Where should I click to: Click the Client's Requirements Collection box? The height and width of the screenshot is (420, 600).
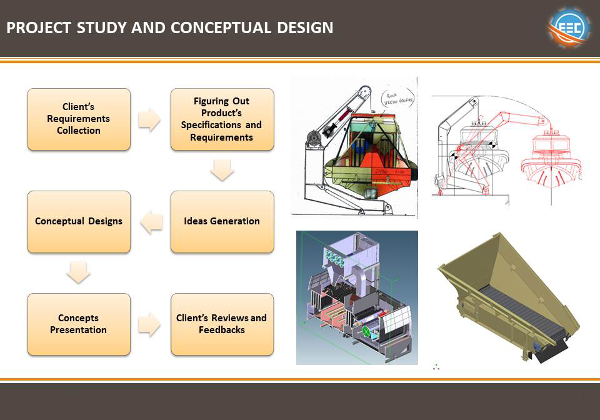click(79, 119)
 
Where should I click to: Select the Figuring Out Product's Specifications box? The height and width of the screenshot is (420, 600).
click(222, 119)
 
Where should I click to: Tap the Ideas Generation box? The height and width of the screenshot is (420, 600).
click(222, 221)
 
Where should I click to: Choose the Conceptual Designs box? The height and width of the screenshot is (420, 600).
click(79, 221)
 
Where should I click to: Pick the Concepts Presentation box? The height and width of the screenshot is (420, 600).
click(79, 324)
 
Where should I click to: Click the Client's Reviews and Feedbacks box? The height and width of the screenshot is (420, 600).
click(222, 324)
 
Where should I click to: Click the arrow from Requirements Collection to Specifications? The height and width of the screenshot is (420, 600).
click(149, 119)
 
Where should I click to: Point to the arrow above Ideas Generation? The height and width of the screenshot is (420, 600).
click(222, 170)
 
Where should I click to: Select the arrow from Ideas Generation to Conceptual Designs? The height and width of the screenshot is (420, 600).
click(151, 222)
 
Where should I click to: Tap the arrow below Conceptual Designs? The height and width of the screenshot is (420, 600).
click(79, 272)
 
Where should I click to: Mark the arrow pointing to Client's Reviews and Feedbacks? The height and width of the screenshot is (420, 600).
click(149, 324)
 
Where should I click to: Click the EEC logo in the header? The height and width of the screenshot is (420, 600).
click(569, 28)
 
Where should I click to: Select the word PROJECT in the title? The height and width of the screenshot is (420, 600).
click(39, 28)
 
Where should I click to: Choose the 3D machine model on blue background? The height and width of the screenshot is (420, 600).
click(357, 297)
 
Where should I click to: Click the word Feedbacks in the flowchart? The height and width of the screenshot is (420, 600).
click(221, 330)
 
